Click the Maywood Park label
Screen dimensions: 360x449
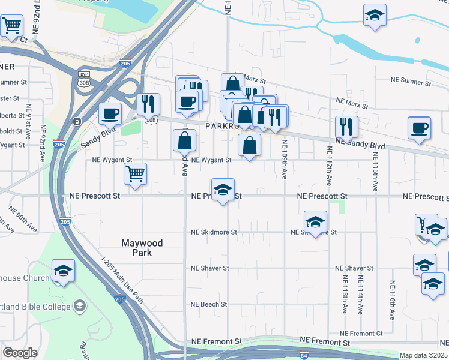[x=142, y=248]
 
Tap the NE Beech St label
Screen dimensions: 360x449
[x=209, y=304]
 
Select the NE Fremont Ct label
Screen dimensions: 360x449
[x=361, y=334]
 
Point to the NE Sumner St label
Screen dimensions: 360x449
[x=411, y=79]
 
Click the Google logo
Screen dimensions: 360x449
[x=20, y=353]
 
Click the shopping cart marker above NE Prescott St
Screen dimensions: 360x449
[x=135, y=175]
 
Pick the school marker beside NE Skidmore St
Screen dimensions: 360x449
[x=315, y=222]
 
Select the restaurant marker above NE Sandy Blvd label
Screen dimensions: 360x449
[x=346, y=127]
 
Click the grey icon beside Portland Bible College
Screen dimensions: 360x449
[x=79, y=307]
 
